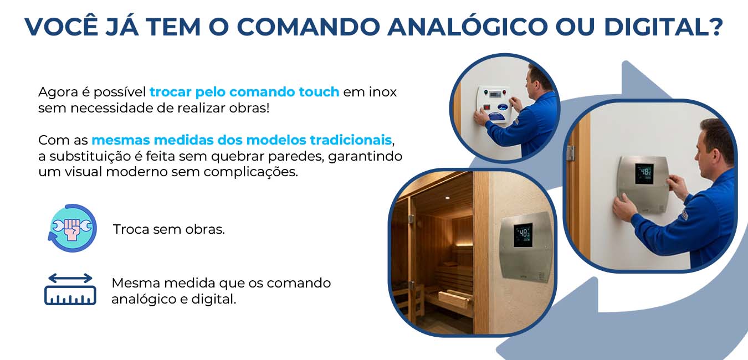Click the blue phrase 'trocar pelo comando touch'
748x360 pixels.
point(244,92)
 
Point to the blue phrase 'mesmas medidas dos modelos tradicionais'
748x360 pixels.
point(242,140)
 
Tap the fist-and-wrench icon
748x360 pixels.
point(73,228)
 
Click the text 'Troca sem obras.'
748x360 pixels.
point(169,229)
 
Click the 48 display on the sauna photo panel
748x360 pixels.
point(522,234)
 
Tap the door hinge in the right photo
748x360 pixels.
point(570,153)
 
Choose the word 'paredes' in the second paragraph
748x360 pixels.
point(295,156)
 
